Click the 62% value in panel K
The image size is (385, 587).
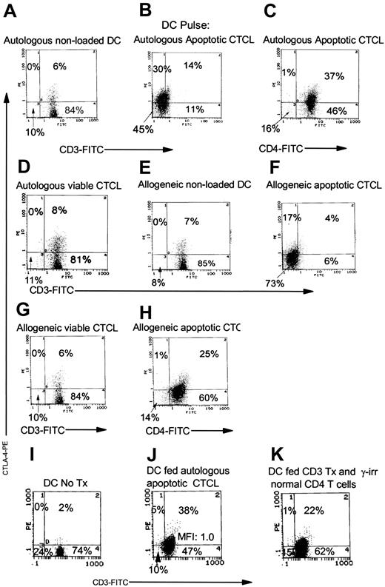tap(332, 550)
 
